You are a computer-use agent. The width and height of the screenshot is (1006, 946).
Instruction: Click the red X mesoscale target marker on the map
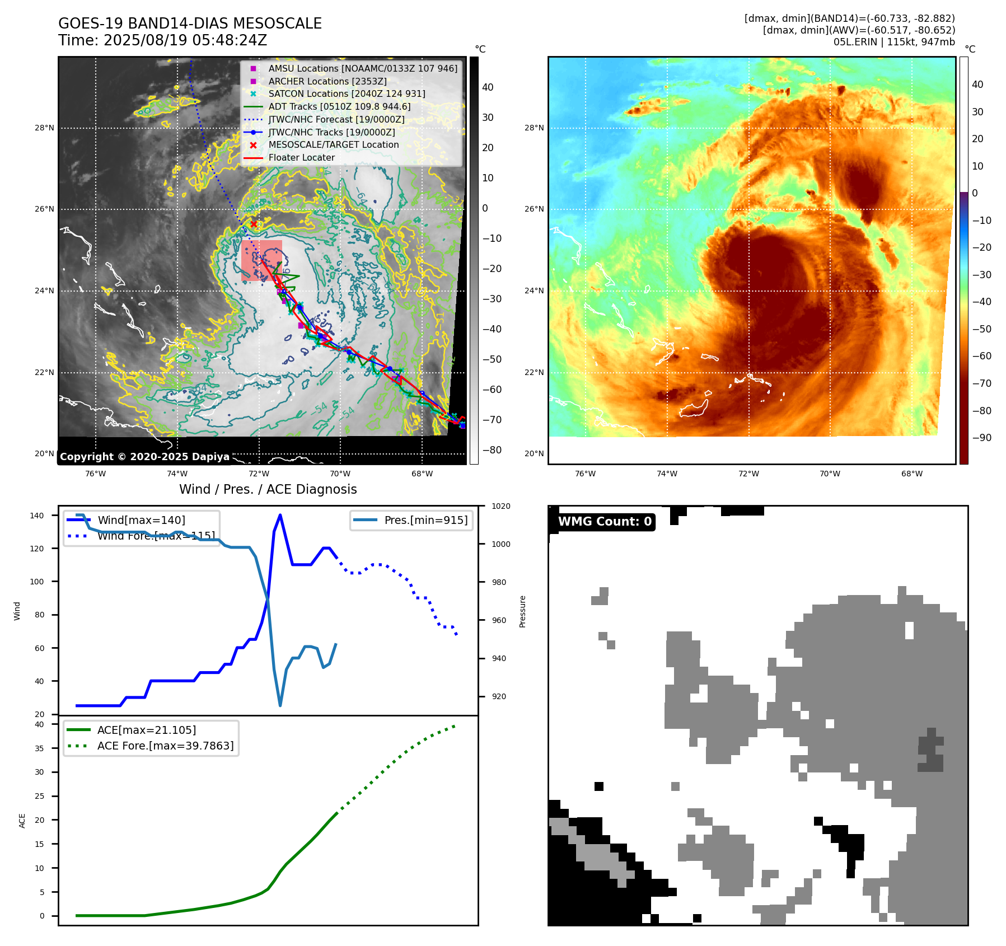(254, 224)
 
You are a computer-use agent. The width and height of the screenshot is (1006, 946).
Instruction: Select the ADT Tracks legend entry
(339, 106)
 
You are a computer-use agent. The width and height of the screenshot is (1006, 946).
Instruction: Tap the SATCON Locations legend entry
(347, 93)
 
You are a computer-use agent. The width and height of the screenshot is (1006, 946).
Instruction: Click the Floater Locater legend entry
(301, 157)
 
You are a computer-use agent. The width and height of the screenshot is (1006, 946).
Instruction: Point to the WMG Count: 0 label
(605, 522)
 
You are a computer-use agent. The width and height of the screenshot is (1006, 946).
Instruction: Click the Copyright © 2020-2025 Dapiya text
(144, 457)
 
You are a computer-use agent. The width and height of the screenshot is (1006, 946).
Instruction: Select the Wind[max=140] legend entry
(141, 520)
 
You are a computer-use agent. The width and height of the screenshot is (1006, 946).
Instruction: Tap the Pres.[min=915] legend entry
(425, 520)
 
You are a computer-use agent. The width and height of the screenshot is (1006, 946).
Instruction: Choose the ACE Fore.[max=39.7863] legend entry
(165, 746)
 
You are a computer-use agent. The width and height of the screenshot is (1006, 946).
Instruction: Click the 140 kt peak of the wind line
(280, 515)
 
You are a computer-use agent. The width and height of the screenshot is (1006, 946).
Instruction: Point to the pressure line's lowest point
(280, 705)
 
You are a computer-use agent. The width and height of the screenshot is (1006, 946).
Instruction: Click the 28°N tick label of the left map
(44, 128)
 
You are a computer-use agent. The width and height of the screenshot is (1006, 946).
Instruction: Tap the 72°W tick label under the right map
(748, 474)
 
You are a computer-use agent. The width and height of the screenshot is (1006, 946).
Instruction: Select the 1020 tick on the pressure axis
(500, 506)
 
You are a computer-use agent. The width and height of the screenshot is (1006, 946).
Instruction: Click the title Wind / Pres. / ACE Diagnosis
(268, 489)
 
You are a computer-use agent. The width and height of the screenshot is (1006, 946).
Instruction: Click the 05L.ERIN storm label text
(853, 42)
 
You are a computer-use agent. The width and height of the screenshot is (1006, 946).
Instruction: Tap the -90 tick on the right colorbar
(981, 438)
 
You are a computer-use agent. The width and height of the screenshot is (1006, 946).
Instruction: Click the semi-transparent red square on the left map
(261, 261)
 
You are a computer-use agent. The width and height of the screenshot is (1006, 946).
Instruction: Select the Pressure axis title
(522, 611)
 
